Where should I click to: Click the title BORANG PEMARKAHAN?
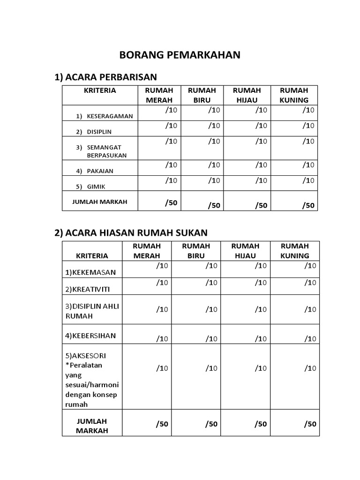(180, 55)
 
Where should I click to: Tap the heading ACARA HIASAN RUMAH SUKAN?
(131, 232)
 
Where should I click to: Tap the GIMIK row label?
(96, 187)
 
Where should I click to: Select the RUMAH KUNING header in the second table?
(294, 251)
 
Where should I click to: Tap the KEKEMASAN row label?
(90, 272)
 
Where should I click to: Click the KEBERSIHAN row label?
(90, 336)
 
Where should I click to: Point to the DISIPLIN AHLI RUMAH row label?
(92, 311)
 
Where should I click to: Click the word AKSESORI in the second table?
(88, 356)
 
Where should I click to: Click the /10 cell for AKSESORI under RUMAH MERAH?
(162, 368)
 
